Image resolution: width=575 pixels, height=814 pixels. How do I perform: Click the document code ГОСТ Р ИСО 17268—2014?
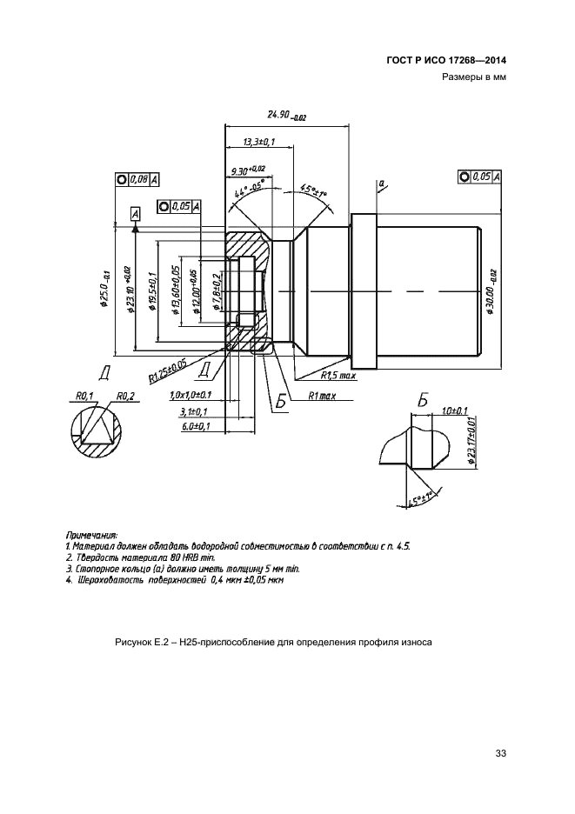tap(446, 60)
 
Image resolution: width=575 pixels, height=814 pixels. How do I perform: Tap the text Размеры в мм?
tap(474, 77)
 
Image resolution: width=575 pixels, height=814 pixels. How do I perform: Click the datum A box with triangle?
tap(135, 214)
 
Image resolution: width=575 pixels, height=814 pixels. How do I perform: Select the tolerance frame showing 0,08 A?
tap(137, 179)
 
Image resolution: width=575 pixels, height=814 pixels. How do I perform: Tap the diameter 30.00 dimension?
tap(492, 290)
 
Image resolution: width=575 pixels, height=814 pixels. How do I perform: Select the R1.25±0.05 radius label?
tap(168, 370)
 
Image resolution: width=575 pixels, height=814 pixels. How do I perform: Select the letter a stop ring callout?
tap(380, 183)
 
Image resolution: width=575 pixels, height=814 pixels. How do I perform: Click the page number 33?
tap(499, 753)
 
